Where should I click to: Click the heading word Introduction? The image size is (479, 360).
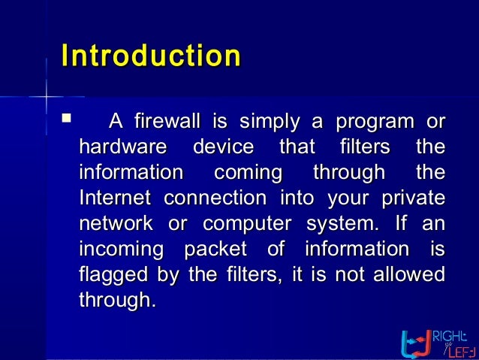[150, 57]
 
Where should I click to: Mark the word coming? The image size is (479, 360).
[248, 173]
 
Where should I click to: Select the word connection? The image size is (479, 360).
[215, 198]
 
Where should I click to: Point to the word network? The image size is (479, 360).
[115, 224]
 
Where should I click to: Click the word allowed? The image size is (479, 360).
[412, 274]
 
